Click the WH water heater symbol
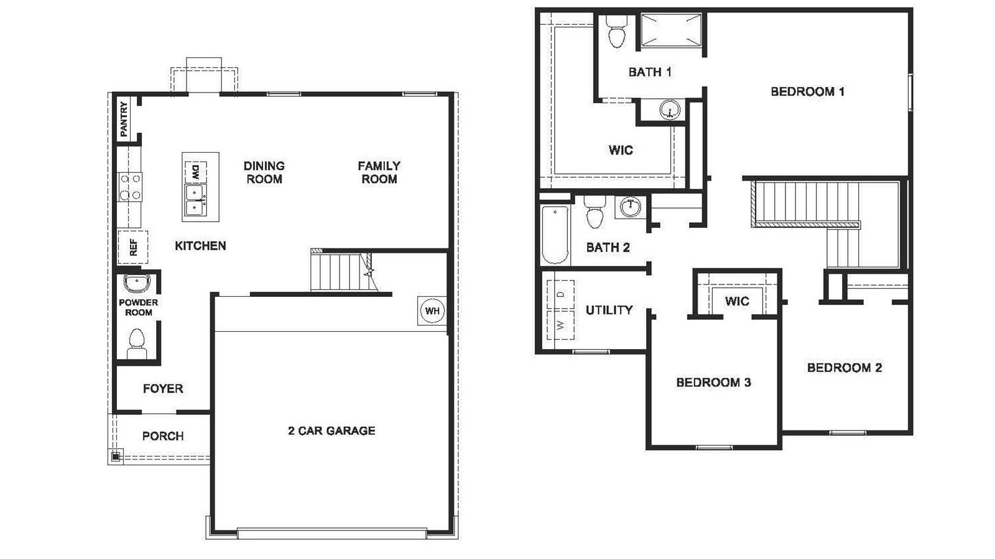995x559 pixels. click(x=432, y=311)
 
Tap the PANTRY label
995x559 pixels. click(x=124, y=119)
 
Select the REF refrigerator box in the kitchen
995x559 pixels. click(x=132, y=247)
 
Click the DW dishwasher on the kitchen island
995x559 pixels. click(x=195, y=172)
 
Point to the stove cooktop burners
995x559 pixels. click(x=130, y=187)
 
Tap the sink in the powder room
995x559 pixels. click(x=137, y=283)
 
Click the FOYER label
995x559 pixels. click(x=163, y=389)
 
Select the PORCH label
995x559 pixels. click(x=163, y=436)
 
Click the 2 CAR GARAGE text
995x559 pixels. click(x=331, y=430)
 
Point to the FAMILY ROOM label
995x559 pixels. click(x=379, y=172)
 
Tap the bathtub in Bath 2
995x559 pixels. click(x=555, y=235)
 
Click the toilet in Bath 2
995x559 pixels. click(x=595, y=213)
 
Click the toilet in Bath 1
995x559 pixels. click(x=616, y=32)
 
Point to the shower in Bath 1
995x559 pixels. click(x=671, y=30)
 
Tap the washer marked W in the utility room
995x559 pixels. click(x=560, y=325)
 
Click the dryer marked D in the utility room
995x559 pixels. click(x=560, y=294)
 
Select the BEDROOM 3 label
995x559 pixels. click(x=713, y=383)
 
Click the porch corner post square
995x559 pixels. click(x=115, y=457)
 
